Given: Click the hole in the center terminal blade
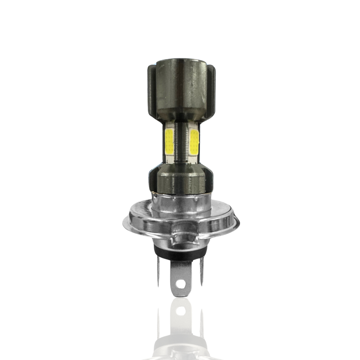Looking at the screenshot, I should coord(181,282).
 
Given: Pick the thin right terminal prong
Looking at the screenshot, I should coord(201,272).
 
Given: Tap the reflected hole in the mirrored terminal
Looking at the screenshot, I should coord(181,311).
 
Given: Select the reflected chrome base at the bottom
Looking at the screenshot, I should coord(181,348).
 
